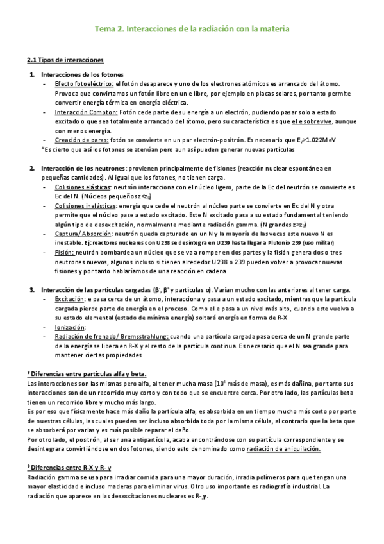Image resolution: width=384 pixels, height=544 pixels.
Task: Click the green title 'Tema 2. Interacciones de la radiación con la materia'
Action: click(x=192, y=29)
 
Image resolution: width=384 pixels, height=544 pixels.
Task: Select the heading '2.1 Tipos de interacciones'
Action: click(x=65, y=60)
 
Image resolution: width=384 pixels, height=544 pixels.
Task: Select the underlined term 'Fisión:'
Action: click(x=65, y=253)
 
